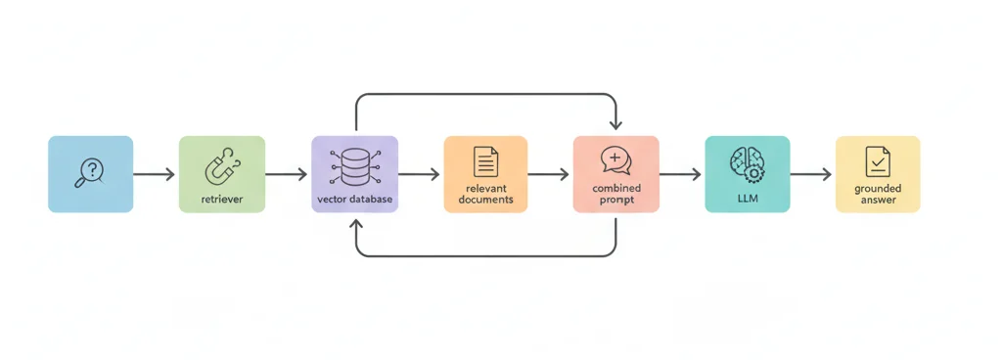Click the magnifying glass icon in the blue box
tap(90, 172)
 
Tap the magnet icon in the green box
tap(221, 167)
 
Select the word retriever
tap(221, 199)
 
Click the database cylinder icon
tap(354, 167)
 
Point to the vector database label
tap(354, 199)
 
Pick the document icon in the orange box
tap(485, 161)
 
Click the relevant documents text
tap(485, 194)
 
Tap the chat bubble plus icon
tap(615, 159)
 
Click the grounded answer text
tap(878, 194)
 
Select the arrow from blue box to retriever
tap(155, 175)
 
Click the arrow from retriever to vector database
tap(287, 175)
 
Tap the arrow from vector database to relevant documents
tap(420, 175)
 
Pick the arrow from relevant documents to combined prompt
tap(549, 175)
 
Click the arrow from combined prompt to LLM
tap(681, 175)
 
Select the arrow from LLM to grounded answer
tap(811, 175)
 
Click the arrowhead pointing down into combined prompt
tap(615, 125)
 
